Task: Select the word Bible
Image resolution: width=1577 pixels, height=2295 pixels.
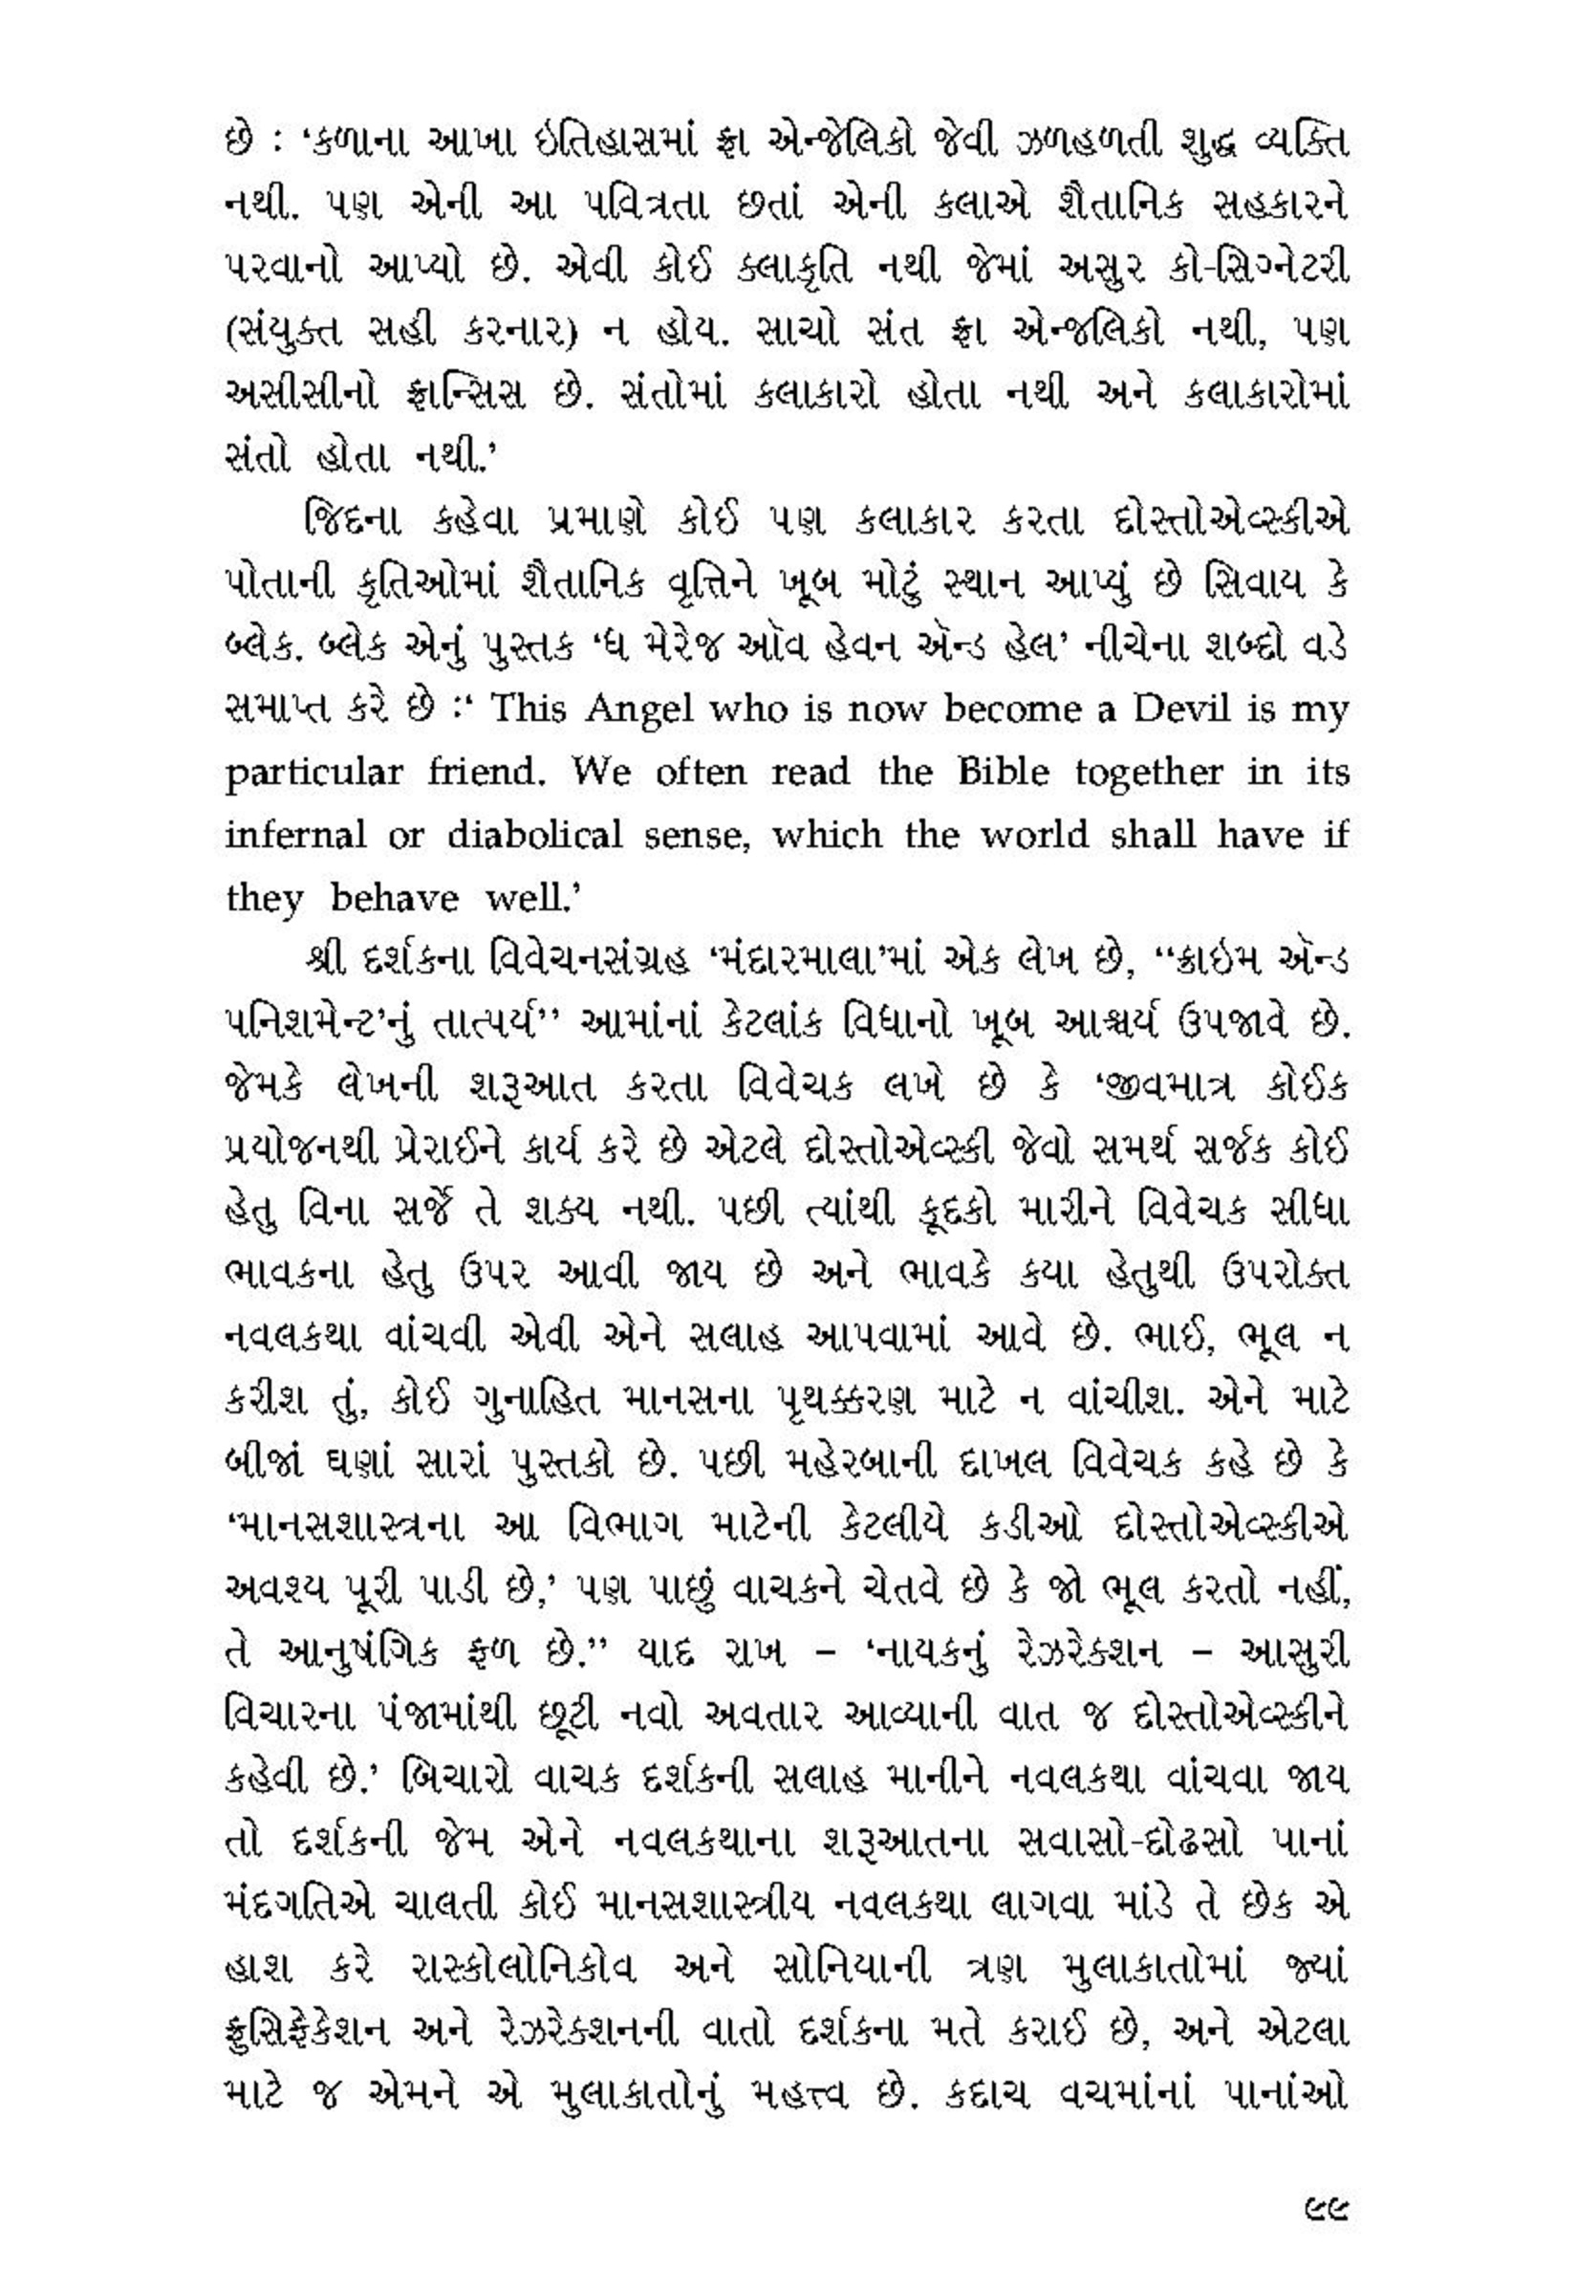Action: tap(1003, 772)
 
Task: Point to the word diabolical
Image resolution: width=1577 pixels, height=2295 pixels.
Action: tap(534, 835)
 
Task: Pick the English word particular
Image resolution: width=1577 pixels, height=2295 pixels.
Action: tap(313, 774)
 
